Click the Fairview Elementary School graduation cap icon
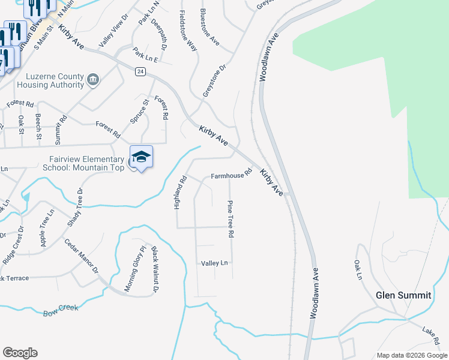pyautogui.click(x=141, y=157)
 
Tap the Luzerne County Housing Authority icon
pyautogui.click(x=93, y=79)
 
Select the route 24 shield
pyautogui.click(x=140, y=71)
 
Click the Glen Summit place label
pyautogui.click(x=403, y=295)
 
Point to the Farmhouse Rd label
pyautogui.click(x=231, y=176)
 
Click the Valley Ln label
pyautogui.click(x=215, y=263)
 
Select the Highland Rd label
pyautogui.click(x=178, y=192)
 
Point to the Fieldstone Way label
pyautogui.click(x=188, y=31)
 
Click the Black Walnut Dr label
pyautogui.click(x=154, y=269)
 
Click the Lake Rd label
pyautogui.click(x=430, y=331)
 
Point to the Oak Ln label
pyautogui.click(x=358, y=269)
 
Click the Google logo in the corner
pyautogui.click(x=20, y=353)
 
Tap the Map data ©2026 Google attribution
pyautogui.click(x=412, y=355)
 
